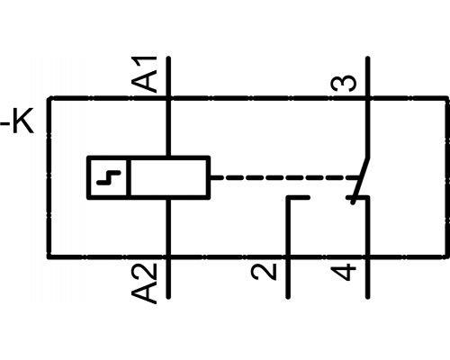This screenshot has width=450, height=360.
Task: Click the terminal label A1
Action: (x=144, y=74)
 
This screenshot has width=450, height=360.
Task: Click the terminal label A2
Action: (x=144, y=283)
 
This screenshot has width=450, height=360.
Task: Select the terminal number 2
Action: (x=264, y=272)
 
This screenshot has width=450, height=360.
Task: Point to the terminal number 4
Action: (x=344, y=272)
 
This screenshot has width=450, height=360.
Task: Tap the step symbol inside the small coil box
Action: (x=109, y=177)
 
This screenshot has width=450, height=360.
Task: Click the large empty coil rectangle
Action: (x=169, y=177)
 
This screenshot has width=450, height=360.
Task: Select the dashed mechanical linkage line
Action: (x=285, y=177)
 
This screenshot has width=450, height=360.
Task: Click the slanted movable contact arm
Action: (x=360, y=180)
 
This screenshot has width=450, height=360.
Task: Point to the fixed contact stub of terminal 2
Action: (x=298, y=197)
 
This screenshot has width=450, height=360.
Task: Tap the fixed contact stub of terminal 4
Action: (x=358, y=197)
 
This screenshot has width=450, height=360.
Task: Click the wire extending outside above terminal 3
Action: (x=368, y=76)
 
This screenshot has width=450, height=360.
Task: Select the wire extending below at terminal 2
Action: (x=288, y=278)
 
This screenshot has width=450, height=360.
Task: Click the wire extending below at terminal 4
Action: (x=368, y=278)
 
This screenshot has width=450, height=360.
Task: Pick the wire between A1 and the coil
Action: (x=168, y=128)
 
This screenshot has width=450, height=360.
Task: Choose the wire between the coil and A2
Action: (x=168, y=227)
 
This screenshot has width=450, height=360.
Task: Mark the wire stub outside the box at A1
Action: (x=168, y=76)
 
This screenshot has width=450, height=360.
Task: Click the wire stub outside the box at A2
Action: (x=168, y=278)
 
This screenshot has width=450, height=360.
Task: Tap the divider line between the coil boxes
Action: (x=129, y=177)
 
